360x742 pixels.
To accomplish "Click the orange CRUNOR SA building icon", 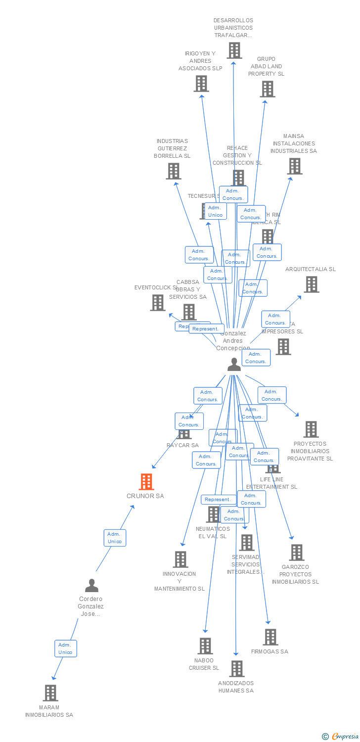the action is click(x=146, y=481).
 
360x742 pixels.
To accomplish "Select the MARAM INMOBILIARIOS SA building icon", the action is click(x=50, y=693).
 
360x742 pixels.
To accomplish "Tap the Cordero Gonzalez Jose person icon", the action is click(x=91, y=586).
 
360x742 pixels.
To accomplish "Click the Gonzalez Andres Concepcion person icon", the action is click(x=234, y=365).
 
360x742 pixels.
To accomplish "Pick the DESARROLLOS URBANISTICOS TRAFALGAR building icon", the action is click(x=234, y=50).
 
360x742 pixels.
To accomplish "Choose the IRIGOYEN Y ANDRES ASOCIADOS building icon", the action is click(x=201, y=84).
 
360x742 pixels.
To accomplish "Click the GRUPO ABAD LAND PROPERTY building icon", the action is click(x=268, y=89).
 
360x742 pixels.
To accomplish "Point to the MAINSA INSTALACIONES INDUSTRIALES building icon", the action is click(x=295, y=166).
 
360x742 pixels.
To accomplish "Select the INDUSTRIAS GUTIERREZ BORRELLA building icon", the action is click(x=174, y=171).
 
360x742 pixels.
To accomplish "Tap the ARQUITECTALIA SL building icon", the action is click(x=311, y=284).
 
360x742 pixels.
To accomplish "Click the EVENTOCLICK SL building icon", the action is click(x=158, y=303).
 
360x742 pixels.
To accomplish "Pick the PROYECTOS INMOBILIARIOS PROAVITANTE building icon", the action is click(x=311, y=429).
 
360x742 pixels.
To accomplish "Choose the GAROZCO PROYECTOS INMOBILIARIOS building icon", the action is click(x=296, y=553).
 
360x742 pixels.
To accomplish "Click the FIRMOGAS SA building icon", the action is click(x=270, y=637).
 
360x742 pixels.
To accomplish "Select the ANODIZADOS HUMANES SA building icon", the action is click(x=237, y=669).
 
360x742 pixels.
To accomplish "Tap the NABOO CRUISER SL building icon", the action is click(x=205, y=646).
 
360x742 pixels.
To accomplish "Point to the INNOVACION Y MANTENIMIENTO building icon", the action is click(x=180, y=559).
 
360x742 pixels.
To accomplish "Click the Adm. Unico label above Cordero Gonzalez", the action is click(x=115, y=538).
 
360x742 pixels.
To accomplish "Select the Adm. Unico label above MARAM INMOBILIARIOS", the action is click(x=65, y=649).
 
